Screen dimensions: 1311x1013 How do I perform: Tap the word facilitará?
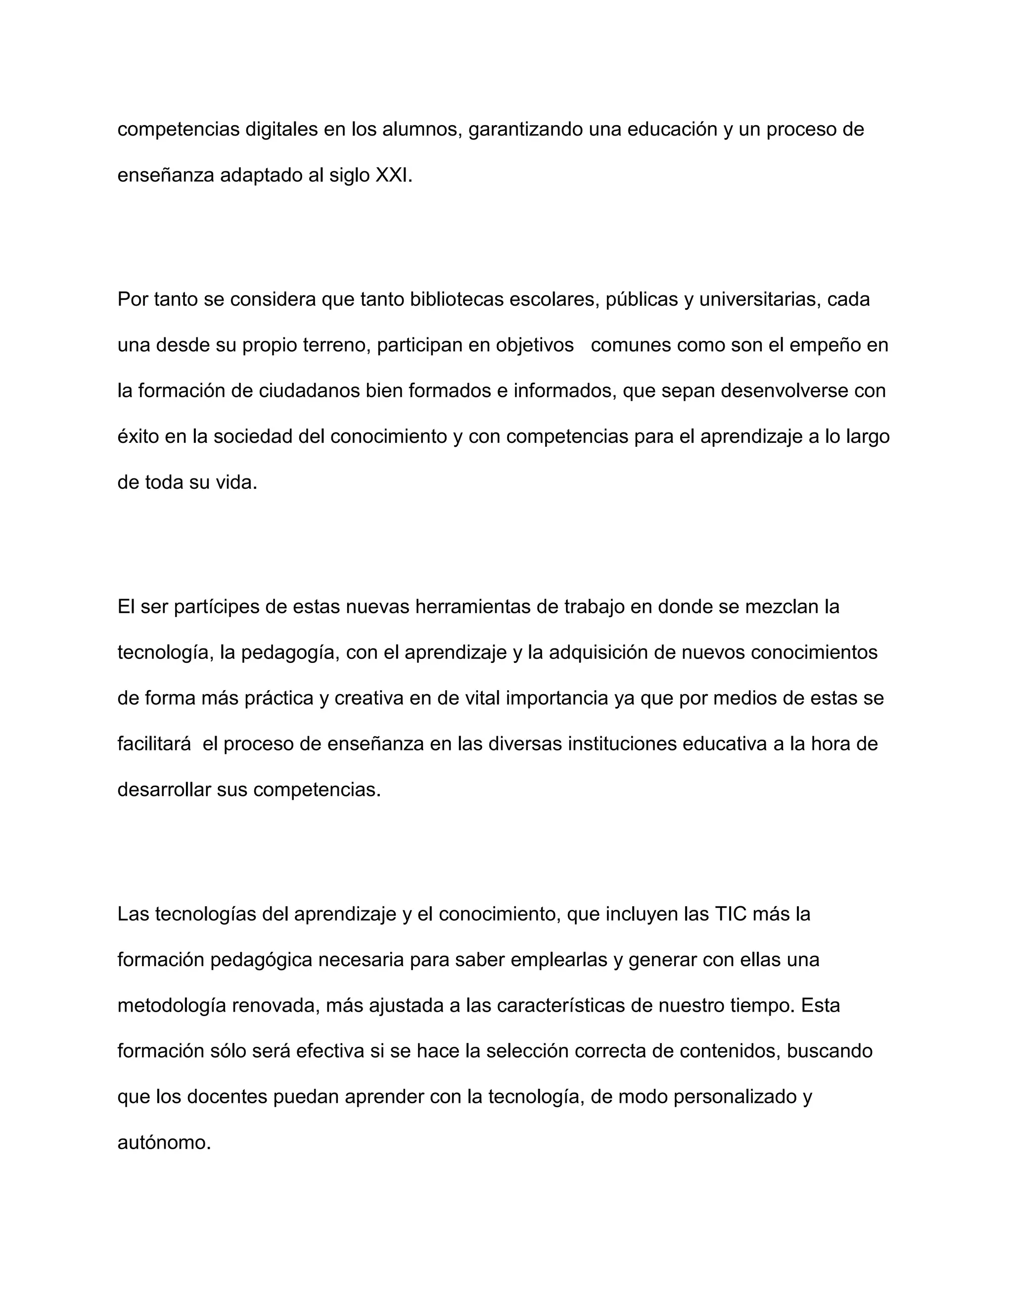154,744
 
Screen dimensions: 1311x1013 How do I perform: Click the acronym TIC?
730,914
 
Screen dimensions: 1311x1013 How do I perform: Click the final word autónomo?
164,1142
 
